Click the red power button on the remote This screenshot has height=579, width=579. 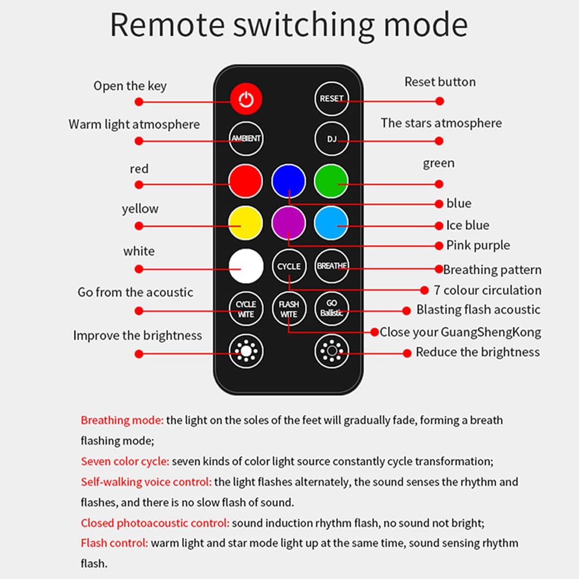tap(246, 98)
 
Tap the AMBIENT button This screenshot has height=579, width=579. tap(246, 138)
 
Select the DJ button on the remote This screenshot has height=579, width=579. tap(331, 139)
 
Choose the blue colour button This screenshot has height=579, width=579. tap(289, 181)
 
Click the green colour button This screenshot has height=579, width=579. tap(331, 181)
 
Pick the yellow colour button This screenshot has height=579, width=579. tap(246, 223)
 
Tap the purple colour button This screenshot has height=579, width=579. tap(289, 223)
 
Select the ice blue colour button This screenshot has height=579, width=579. tap(331, 223)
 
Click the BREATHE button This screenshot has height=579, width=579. tap(331, 266)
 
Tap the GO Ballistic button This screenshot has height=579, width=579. tap(331, 308)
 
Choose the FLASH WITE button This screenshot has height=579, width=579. tap(289, 309)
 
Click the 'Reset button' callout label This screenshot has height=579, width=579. tap(440, 82)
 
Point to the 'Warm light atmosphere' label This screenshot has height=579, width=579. tap(134, 124)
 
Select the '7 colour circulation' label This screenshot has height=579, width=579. tap(487, 290)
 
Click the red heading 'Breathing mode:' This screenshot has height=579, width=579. tap(122, 420)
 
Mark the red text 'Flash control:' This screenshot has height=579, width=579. tap(114, 543)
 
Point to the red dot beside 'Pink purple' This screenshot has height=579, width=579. tap(439, 246)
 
